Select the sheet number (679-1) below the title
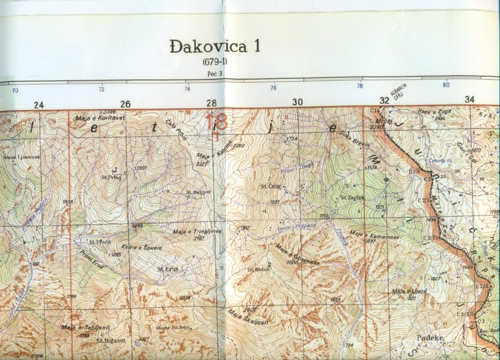pos(215,62)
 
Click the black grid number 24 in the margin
pos(39,104)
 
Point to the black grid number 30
pos(297,102)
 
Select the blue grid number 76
pos(273,88)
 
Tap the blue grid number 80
pos(446,85)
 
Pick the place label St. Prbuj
pos(109,176)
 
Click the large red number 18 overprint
pos(216,122)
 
